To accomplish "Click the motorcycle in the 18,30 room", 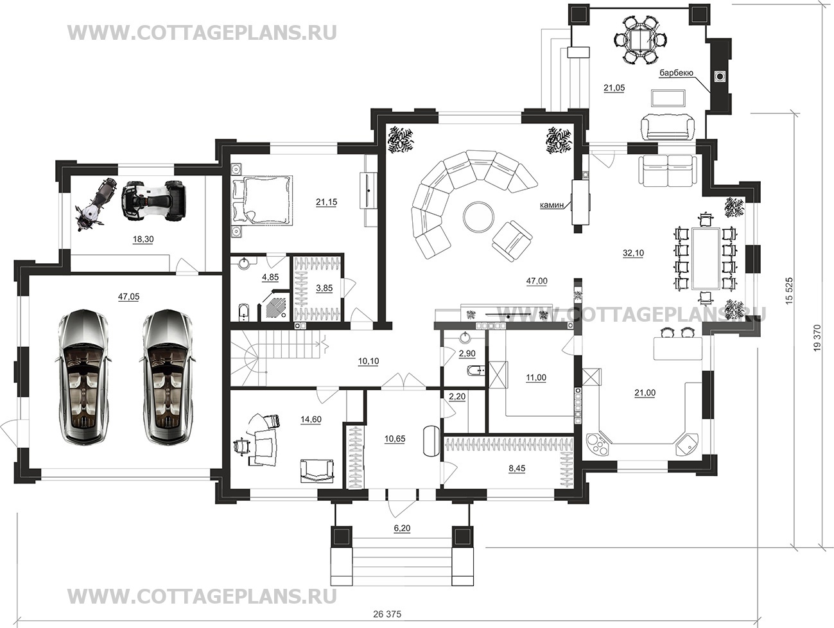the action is click(94, 205).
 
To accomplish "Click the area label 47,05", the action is click(128, 297).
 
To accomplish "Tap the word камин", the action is click(552, 205).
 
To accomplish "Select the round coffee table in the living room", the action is click(478, 216).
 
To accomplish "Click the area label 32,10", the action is click(634, 254).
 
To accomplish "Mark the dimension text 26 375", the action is click(387, 615).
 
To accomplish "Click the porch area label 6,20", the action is click(403, 528).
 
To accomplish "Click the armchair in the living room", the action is click(512, 241).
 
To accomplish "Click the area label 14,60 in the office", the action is click(311, 419).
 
